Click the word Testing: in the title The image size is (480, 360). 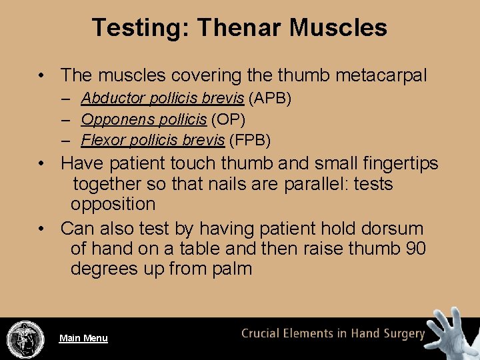(141, 27)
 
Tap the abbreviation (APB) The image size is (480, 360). (270, 99)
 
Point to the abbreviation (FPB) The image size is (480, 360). (249, 140)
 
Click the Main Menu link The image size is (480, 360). (83, 338)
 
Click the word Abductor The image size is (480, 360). (114, 99)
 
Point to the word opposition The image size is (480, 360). (113, 204)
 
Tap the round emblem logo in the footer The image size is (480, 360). (25, 339)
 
